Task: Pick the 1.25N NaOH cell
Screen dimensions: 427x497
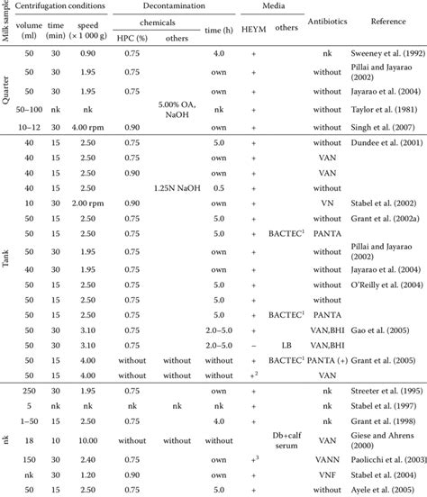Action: pos(176,187)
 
